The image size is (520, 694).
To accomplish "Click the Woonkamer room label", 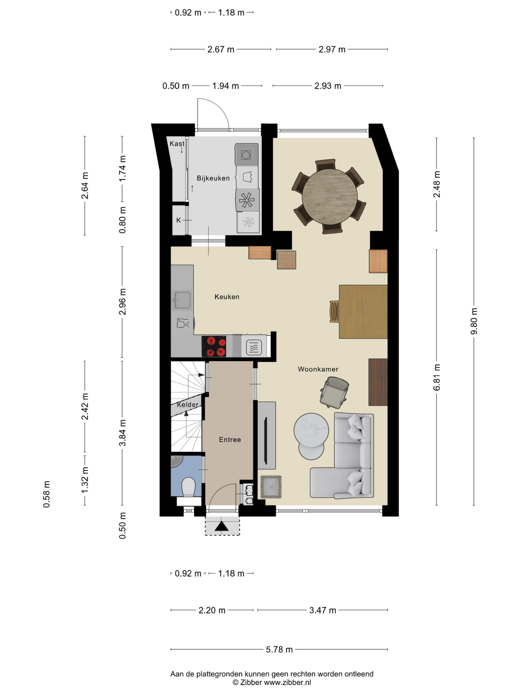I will point(318,369).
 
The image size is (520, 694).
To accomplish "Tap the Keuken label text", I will point(227,297).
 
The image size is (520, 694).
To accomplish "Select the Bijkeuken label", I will point(213,178).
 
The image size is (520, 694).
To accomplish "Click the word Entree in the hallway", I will point(230,439).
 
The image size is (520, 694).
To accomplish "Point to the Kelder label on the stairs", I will point(187,404).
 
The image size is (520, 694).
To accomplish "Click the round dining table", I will point(329,196).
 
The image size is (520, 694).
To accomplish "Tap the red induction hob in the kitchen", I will point(214,346).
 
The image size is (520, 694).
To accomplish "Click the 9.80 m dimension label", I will point(474,321).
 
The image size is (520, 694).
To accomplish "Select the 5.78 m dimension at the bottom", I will point(279,649).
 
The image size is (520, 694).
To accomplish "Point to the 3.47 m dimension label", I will point(323,610).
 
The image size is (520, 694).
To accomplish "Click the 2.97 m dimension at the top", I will point(331,49).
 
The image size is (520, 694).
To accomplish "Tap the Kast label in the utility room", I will point(177,143).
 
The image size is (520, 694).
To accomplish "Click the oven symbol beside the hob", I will point(254,348).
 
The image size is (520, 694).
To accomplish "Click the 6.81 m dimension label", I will point(437,377).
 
